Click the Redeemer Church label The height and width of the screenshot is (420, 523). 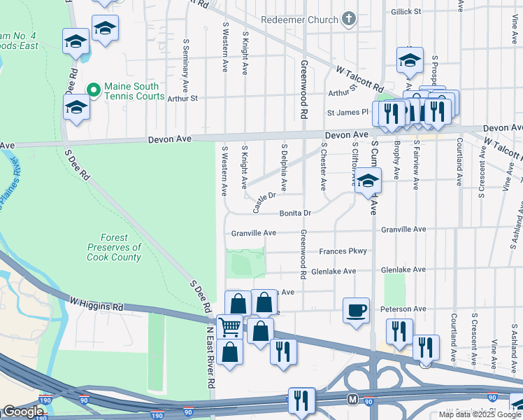pyautogui.click(x=299, y=20)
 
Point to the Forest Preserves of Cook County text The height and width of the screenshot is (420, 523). pyautogui.click(x=115, y=247)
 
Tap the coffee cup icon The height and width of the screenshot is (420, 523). pyautogui.click(x=356, y=309)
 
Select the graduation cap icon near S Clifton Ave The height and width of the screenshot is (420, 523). pyautogui.click(x=368, y=182)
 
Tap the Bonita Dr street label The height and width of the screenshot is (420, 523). pyautogui.click(x=295, y=212)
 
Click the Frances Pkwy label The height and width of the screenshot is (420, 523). pyautogui.click(x=343, y=251)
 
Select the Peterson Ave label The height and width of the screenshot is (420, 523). pyautogui.click(x=403, y=309)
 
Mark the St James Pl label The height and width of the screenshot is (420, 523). pyautogui.click(x=348, y=112)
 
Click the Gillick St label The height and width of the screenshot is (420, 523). pyautogui.click(x=426, y=12)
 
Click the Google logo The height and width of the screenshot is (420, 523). pyautogui.click(x=24, y=412)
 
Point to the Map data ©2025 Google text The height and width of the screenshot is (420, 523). pyautogui.click(x=480, y=414)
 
